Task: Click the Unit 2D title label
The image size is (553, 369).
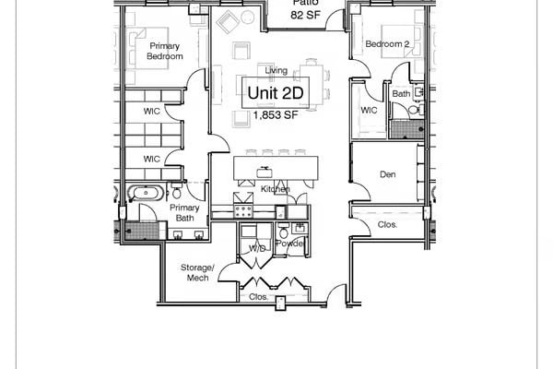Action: pyautogui.click(x=275, y=93)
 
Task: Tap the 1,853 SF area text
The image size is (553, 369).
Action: pyautogui.click(x=275, y=115)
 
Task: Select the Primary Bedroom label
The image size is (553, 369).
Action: pyautogui.click(x=165, y=51)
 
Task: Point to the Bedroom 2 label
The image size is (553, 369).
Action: pyautogui.click(x=386, y=44)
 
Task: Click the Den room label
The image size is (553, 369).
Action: pyautogui.click(x=388, y=174)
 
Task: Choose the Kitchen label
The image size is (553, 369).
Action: pyautogui.click(x=275, y=189)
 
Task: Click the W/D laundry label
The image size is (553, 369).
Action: pyautogui.click(x=257, y=249)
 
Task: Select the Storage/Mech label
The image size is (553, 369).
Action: pyautogui.click(x=197, y=272)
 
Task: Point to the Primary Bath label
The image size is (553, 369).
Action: pyautogui.click(x=185, y=213)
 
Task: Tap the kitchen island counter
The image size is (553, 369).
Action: pyautogui.click(x=276, y=168)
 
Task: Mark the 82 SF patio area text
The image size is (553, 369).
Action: pyautogui.click(x=305, y=16)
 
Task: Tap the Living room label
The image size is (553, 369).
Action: pyautogui.click(x=276, y=70)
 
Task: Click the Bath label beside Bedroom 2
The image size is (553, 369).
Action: pyautogui.click(x=401, y=93)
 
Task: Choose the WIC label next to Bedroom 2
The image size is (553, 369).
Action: pyautogui.click(x=369, y=111)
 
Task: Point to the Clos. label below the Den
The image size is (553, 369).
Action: pyautogui.click(x=388, y=224)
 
